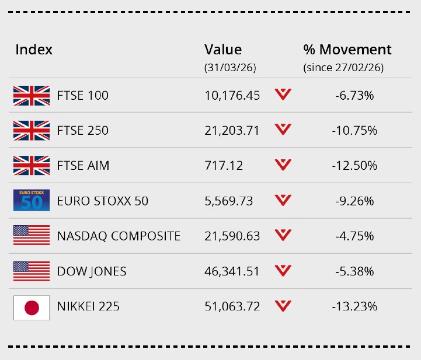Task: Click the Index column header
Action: point(34,50)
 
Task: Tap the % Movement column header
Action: point(347,50)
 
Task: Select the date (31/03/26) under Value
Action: point(230,68)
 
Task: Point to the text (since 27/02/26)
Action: point(343,68)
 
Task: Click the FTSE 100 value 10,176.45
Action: point(232,96)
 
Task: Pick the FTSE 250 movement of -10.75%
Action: point(354,131)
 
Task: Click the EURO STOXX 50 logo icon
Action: point(32,201)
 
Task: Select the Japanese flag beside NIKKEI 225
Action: point(32,306)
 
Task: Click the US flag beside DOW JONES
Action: point(32,271)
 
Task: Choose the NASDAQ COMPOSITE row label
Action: point(119,236)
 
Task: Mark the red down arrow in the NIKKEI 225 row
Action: point(283,306)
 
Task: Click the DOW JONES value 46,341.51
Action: point(232,271)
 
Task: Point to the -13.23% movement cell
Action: point(354,306)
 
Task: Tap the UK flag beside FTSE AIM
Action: point(32,166)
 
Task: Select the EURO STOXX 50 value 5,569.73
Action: point(229,201)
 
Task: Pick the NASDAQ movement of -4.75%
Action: point(354,236)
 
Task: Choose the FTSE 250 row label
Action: point(83,131)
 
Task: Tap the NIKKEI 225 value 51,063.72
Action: point(232,306)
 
